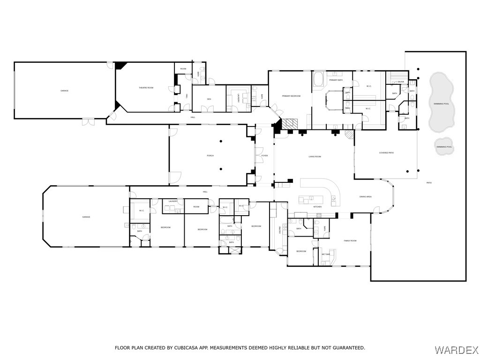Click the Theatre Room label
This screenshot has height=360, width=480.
click(x=146, y=88)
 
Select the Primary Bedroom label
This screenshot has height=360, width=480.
click(x=291, y=96)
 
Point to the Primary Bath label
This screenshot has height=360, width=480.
click(x=335, y=80)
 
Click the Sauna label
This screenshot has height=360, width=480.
click(x=401, y=82)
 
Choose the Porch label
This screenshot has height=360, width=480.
click(x=210, y=156)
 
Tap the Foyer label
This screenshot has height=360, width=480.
click(x=264, y=156)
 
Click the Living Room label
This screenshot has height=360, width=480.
click(x=314, y=157)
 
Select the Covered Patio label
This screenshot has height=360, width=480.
click(x=386, y=153)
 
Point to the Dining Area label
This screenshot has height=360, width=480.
click(x=366, y=197)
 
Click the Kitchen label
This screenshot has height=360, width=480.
click(x=317, y=207)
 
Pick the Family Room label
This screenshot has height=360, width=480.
click(x=350, y=240)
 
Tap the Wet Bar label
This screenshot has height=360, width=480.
click(x=326, y=254)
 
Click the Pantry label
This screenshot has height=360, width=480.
click(x=280, y=230)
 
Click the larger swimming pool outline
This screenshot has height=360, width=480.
click(x=441, y=103)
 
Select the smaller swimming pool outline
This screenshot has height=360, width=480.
click(x=444, y=147)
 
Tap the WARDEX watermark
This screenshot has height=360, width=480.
click(x=457, y=350)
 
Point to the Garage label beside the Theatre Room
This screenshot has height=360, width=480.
click(x=64, y=90)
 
